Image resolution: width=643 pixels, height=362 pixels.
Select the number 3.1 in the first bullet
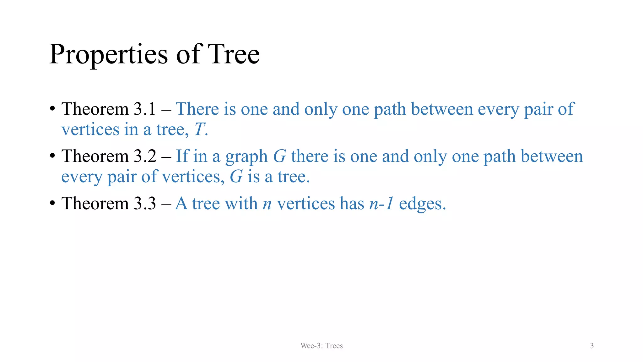click(x=145, y=109)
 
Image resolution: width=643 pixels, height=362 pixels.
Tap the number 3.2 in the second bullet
click(x=145, y=156)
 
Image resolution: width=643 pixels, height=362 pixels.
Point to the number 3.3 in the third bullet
click(x=145, y=203)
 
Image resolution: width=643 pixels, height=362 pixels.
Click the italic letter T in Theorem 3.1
click(x=199, y=129)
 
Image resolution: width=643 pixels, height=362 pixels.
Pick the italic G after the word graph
click(x=279, y=156)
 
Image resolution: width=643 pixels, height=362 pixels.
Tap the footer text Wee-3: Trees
click(x=321, y=346)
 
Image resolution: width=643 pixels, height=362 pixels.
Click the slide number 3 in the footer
click(x=592, y=346)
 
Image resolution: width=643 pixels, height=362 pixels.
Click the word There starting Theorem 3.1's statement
click(x=197, y=109)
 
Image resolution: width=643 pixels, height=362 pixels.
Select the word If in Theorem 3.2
click(x=182, y=156)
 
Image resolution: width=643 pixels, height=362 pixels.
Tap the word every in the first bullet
click(x=498, y=110)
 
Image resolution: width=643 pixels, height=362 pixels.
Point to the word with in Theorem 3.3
click(x=241, y=203)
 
